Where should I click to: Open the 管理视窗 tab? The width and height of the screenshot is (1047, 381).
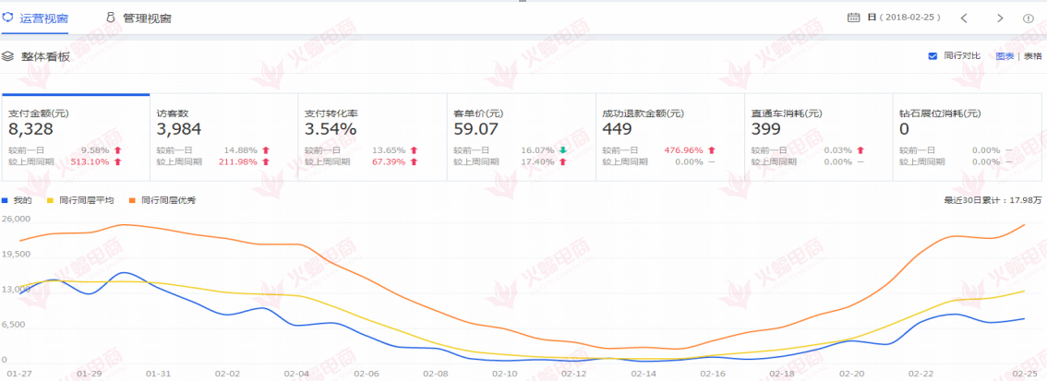point(139,18)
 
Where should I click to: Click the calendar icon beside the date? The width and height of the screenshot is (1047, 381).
point(853,18)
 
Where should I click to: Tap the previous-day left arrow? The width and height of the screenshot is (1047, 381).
point(964,18)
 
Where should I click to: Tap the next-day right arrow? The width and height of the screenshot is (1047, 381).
point(1000,18)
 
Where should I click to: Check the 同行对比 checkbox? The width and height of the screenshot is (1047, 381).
point(933,56)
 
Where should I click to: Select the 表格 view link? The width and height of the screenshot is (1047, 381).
point(1032,56)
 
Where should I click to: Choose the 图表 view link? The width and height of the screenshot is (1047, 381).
point(1005,56)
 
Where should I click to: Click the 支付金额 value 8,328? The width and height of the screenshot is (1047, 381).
point(30,129)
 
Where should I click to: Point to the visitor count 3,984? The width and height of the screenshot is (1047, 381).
point(179,129)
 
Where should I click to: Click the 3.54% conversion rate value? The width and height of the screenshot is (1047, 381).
point(331,129)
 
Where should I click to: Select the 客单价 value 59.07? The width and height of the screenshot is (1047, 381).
point(476,129)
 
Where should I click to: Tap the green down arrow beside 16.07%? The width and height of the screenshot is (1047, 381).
point(563,149)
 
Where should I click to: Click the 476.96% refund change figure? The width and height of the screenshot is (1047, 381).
point(684,149)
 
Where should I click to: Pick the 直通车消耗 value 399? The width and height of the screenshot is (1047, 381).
point(766,129)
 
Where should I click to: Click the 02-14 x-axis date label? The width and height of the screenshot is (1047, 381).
point(644,374)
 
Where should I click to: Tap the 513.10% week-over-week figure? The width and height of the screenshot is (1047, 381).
point(90,161)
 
